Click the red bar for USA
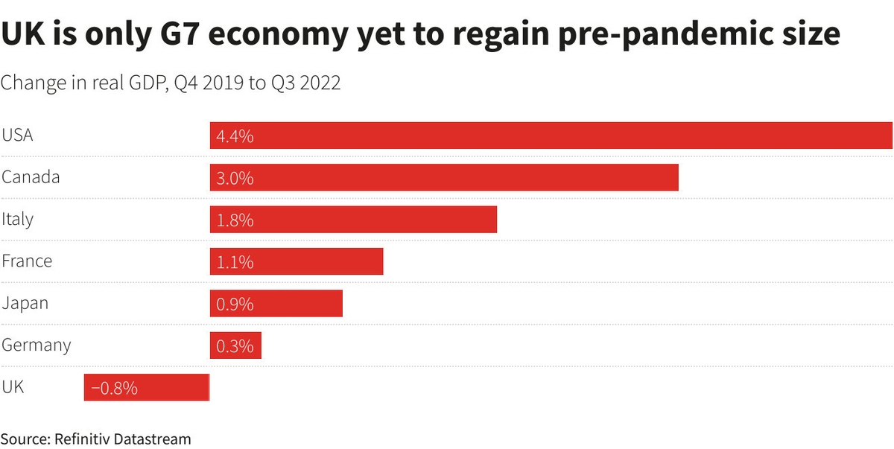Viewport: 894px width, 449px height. tap(551, 136)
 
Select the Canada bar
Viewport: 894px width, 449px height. tap(444, 178)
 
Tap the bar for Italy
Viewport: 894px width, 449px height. tap(353, 220)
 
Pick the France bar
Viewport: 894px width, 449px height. tap(297, 261)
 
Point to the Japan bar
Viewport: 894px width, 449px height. tap(276, 303)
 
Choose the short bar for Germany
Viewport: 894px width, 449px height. tap(235, 345)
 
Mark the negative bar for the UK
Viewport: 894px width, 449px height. tap(147, 387)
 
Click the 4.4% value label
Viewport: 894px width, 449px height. tap(235, 137)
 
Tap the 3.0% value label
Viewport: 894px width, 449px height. tap(235, 179)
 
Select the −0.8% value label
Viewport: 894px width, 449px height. tap(114, 388)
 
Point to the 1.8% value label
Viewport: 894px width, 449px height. tap(235, 220)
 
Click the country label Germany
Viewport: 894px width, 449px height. tap(36, 345)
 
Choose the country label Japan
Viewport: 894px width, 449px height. tap(25, 303)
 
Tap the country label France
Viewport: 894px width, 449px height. tap(27, 261)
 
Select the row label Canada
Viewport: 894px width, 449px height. tap(31, 178)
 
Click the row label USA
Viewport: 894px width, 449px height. tap(17, 136)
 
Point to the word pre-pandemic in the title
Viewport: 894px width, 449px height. tap(686, 34)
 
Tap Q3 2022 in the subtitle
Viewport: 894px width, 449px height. tap(304, 83)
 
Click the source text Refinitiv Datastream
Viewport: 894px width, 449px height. tap(123, 439)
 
